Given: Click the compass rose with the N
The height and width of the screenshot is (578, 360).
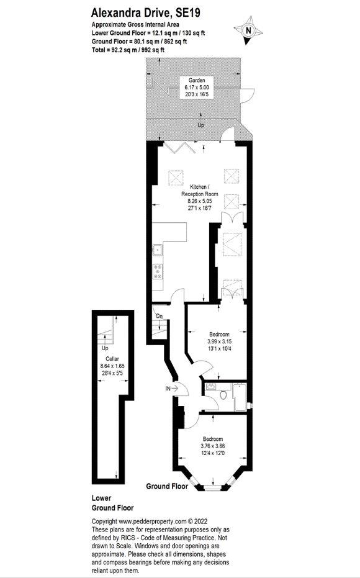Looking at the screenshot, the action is coord(248,30).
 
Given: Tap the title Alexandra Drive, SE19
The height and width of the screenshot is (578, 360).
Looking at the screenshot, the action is coord(146,13).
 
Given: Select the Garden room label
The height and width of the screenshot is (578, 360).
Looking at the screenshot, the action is coord(197,80).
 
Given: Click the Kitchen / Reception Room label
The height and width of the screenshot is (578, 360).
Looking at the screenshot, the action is coord(199,190).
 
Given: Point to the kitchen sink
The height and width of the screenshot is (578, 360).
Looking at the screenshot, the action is coord(157,250).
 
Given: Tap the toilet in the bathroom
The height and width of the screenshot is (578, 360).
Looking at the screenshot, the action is coord(223,394).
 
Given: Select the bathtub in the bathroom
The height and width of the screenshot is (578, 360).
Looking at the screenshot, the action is coord(240,397).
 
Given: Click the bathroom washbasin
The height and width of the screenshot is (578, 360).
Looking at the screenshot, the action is coord(211,387).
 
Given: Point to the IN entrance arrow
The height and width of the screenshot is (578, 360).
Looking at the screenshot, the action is coord(172,389).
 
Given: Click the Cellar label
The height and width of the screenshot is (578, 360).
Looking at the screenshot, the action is coord(112,359).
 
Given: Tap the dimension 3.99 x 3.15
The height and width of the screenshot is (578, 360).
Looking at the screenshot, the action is coord(220,341).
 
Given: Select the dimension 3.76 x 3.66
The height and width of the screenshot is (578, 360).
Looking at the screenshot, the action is coord(213,446).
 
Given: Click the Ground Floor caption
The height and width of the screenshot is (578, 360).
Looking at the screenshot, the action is coord(167,486).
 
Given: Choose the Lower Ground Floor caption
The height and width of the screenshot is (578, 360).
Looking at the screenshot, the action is coord(112,503).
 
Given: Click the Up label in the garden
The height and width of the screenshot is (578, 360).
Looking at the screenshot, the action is coord(201,125).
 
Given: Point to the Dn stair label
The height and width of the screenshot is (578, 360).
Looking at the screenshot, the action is coord(159,316).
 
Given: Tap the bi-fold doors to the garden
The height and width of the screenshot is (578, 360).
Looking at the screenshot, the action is coord(180,148).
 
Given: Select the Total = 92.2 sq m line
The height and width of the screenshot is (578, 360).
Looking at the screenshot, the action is coord(128,50).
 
